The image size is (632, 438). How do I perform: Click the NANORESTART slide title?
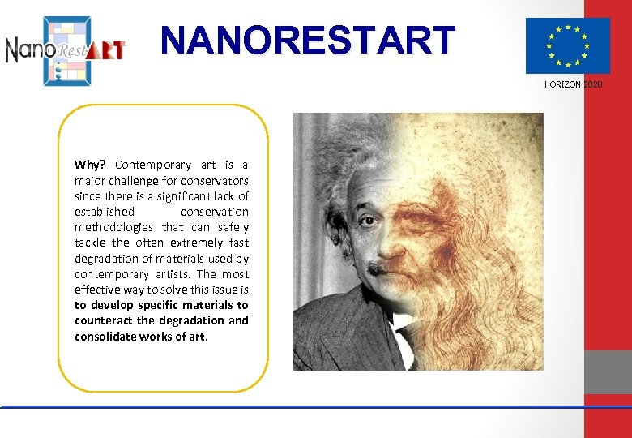click(x=308, y=40)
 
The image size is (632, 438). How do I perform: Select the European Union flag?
click(x=567, y=46)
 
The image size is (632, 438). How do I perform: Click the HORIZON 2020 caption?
click(x=574, y=84)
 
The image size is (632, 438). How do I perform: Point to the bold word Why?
click(x=91, y=165)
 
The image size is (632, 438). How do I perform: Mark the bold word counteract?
click(x=104, y=320)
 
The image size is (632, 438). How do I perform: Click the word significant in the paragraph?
click(x=185, y=196)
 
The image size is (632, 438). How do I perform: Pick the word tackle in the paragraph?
click(x=92, y=243)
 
